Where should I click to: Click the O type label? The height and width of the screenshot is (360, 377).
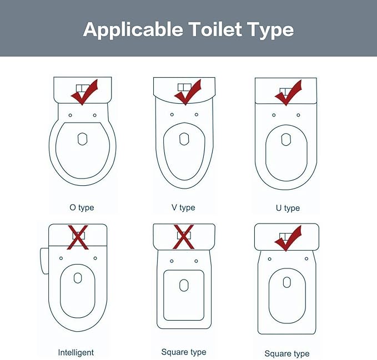[82, 207]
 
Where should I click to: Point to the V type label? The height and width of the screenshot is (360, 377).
[183, 207]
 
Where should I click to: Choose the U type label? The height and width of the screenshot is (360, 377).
[288, 208]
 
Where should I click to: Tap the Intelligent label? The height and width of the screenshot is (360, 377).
[76, 352]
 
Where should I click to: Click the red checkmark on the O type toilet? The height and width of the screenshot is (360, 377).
[84, 92]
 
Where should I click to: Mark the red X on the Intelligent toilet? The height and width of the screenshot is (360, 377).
[78, 237]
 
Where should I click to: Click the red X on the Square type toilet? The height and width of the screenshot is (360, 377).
[183, 236]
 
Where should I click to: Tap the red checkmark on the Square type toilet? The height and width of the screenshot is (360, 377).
[288, 239]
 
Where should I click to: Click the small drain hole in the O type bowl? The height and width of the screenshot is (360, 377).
[82, 138]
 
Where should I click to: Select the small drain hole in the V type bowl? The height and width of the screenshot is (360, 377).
[183, 138]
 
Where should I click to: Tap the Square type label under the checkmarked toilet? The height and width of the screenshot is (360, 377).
[287, 353]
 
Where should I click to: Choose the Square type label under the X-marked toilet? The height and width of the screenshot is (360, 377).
[184, 352]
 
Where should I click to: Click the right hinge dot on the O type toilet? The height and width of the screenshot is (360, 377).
[95, 115]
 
